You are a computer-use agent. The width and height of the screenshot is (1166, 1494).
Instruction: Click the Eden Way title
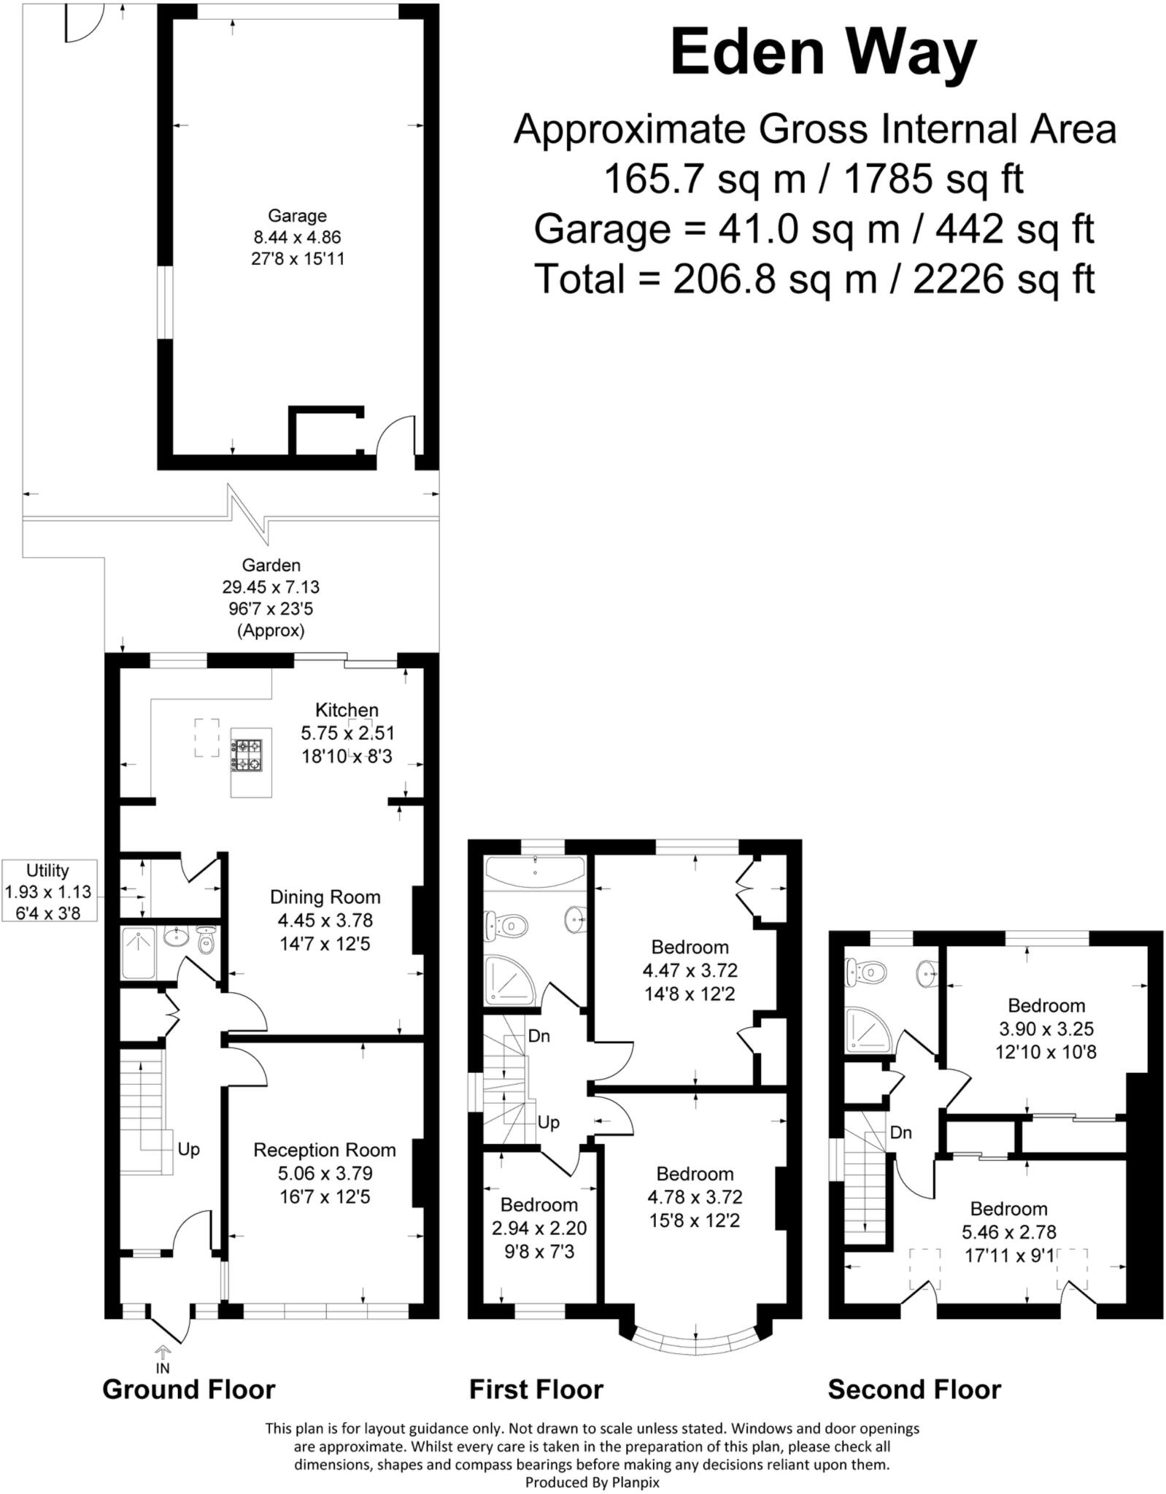[x=822, y=53]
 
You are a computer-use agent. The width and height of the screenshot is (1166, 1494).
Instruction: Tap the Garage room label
[x=297, y=216]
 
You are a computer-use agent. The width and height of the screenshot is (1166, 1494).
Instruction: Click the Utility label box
[x=48, y=891]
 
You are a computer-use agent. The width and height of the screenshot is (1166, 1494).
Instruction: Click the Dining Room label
[x=325, y=897]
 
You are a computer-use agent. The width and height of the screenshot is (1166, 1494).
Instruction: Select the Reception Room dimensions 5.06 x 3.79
[x=325, y=1174]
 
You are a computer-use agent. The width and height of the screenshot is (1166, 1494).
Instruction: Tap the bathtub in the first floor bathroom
[x=535, y=870]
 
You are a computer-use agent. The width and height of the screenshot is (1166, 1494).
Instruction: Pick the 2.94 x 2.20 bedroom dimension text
[x=539, y=1228]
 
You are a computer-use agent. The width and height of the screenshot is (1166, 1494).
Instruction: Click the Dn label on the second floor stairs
[x=900, y=1132]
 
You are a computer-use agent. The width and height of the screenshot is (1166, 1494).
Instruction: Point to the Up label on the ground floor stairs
[x=188, y=1150]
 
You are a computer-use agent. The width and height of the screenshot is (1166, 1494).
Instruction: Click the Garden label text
[x=271, y=565]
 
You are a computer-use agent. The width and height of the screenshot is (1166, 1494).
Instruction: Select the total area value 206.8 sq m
[x=773, y=279]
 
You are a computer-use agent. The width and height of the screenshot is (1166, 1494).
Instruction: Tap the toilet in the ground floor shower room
[x=206, y=943]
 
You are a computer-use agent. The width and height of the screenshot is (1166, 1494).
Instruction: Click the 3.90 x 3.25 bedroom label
[x=1046, y=1029]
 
